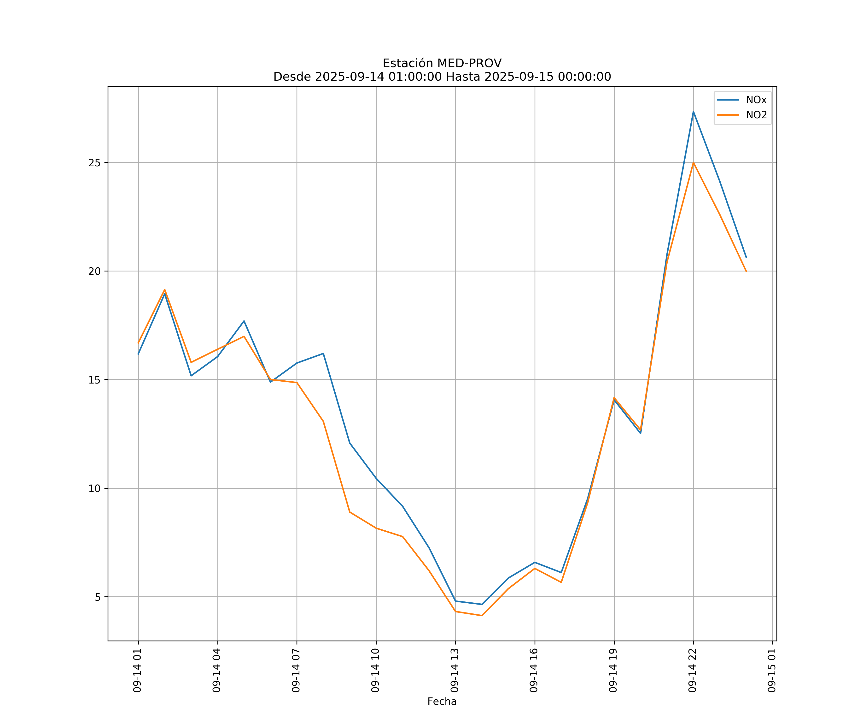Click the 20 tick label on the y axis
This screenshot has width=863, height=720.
tap(94, 271)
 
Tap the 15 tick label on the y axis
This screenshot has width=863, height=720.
tap(94, 380)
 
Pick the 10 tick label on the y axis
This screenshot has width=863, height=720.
tap(94, 488)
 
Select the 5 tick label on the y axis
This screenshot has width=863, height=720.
tap(97, 597)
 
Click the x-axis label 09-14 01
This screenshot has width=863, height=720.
tap(137, 670)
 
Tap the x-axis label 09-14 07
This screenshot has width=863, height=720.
tap(296, 670)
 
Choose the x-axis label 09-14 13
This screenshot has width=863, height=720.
tap(455, 670)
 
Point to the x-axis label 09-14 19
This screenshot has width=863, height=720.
tap(613, 670)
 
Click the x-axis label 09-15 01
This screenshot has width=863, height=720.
tap(772, 670)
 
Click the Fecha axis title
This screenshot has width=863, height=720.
tap(442, 702)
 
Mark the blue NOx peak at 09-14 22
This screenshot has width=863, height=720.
tap(693, 112)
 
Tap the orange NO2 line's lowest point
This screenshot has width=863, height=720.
tap(482, 616)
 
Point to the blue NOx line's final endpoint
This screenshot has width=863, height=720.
tap(746, 258)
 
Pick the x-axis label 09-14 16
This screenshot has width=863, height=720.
tap(534, 670)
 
